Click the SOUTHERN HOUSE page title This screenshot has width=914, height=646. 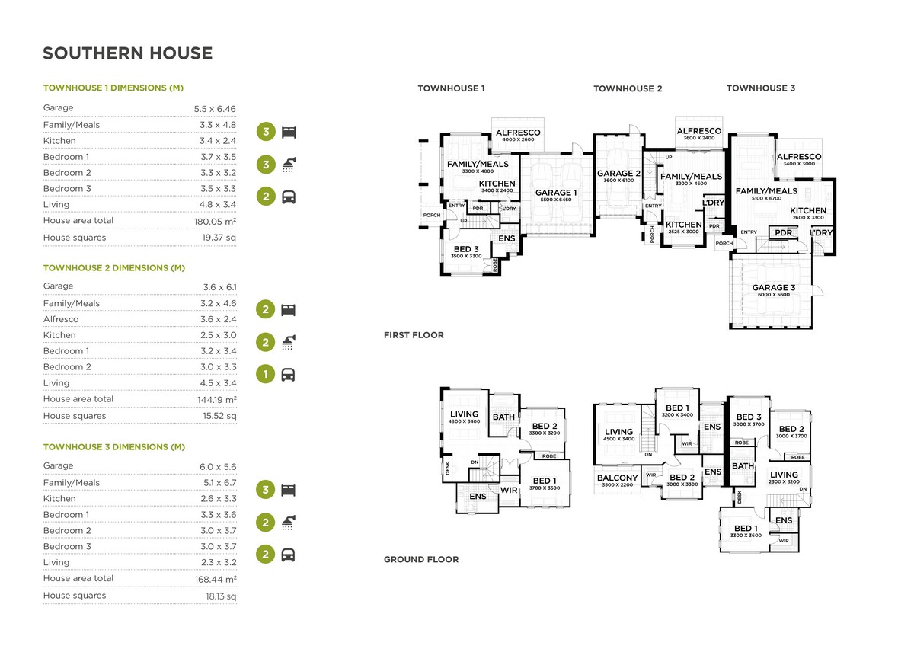pos(127,53)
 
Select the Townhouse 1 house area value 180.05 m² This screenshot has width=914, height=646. pos(215,221)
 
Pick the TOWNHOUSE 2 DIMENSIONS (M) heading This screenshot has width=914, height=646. pos(114,268)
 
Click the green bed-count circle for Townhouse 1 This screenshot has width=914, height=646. pos(265,132)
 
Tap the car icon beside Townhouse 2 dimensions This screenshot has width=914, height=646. pos(289,375)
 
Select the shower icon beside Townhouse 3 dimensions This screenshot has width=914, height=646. pos(289,522)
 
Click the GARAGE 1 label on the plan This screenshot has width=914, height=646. pos(555,193)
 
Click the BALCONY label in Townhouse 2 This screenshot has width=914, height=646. pos(617,478)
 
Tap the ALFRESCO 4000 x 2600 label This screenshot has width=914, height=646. pos(518,133)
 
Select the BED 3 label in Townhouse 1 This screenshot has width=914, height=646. pos(467,250)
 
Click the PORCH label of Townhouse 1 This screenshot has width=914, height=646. pos(431,216)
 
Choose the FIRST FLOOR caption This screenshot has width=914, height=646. pos(414,335)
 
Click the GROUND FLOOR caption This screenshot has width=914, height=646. pos(420,559)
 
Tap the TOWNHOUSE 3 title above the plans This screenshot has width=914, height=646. pos(760,88)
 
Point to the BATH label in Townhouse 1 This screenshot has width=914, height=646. pos(503,417)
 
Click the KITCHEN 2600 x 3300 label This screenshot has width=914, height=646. pos(807,211)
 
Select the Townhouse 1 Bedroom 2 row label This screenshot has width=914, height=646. pos(67,173)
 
